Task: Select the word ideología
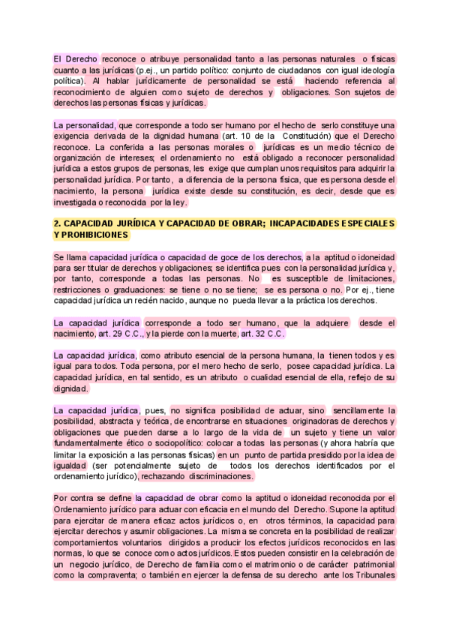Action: point(374,69)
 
